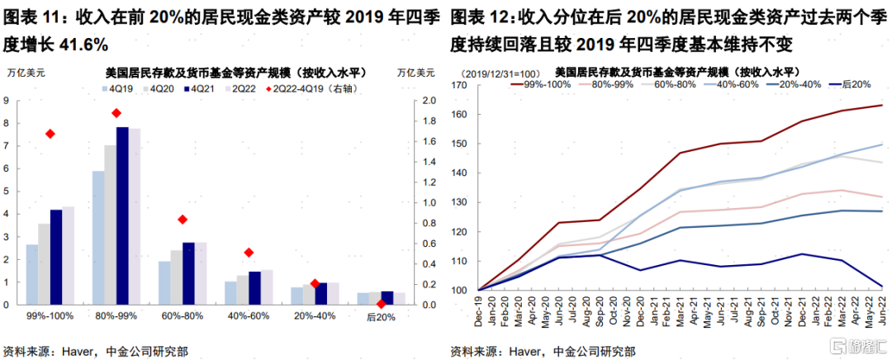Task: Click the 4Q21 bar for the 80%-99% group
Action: pos(122,216)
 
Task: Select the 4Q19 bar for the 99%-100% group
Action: pos(31,274)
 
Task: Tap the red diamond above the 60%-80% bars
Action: pos(183,220)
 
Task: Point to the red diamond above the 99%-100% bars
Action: pos(50,134)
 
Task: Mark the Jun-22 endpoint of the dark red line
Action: pos(882,105)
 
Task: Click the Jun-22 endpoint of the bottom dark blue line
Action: pos(882,287)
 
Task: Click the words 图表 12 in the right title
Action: pos(477,15)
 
